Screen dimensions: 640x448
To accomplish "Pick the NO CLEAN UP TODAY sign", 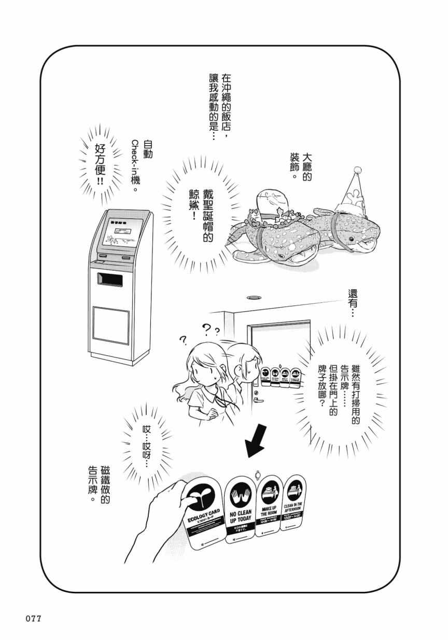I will [241, 508].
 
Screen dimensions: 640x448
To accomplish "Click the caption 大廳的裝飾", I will [300, 164].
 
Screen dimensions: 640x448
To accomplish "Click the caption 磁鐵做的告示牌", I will [100, 485].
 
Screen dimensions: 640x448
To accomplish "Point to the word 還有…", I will [353, 303].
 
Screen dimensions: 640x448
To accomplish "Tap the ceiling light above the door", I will [254, 298].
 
